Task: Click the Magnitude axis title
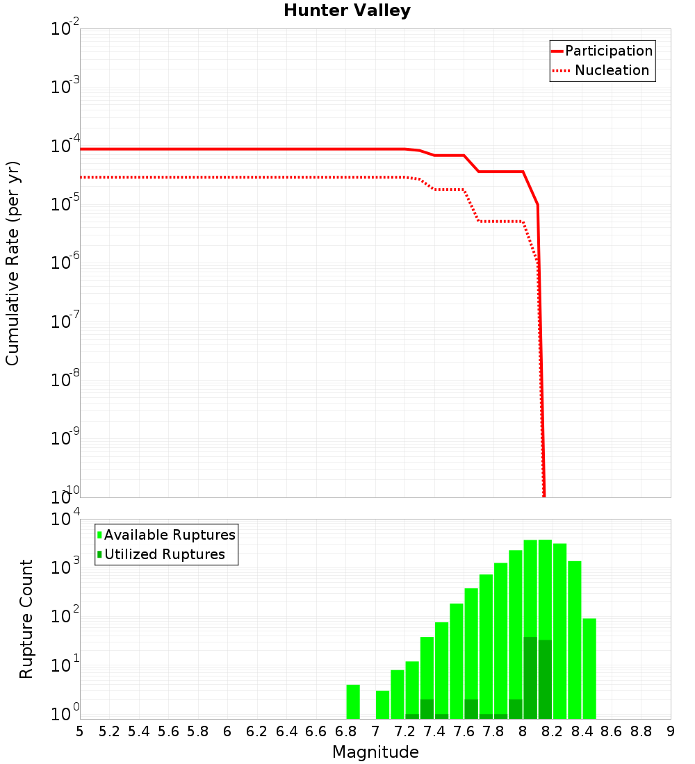(x=375, y=752)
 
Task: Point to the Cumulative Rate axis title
(x=13, y=263)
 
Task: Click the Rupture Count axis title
(x=26, y=620)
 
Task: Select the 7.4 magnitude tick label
(x=434, y=731)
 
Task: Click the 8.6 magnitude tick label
(x=612, y=731)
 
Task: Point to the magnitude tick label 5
(x=80, y=731)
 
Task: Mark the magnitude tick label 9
(x=671, y=731)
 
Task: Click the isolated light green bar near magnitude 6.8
(x=353, y=701)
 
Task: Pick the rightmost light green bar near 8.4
(x=589, y=668)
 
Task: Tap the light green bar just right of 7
(x=382, y=704)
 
